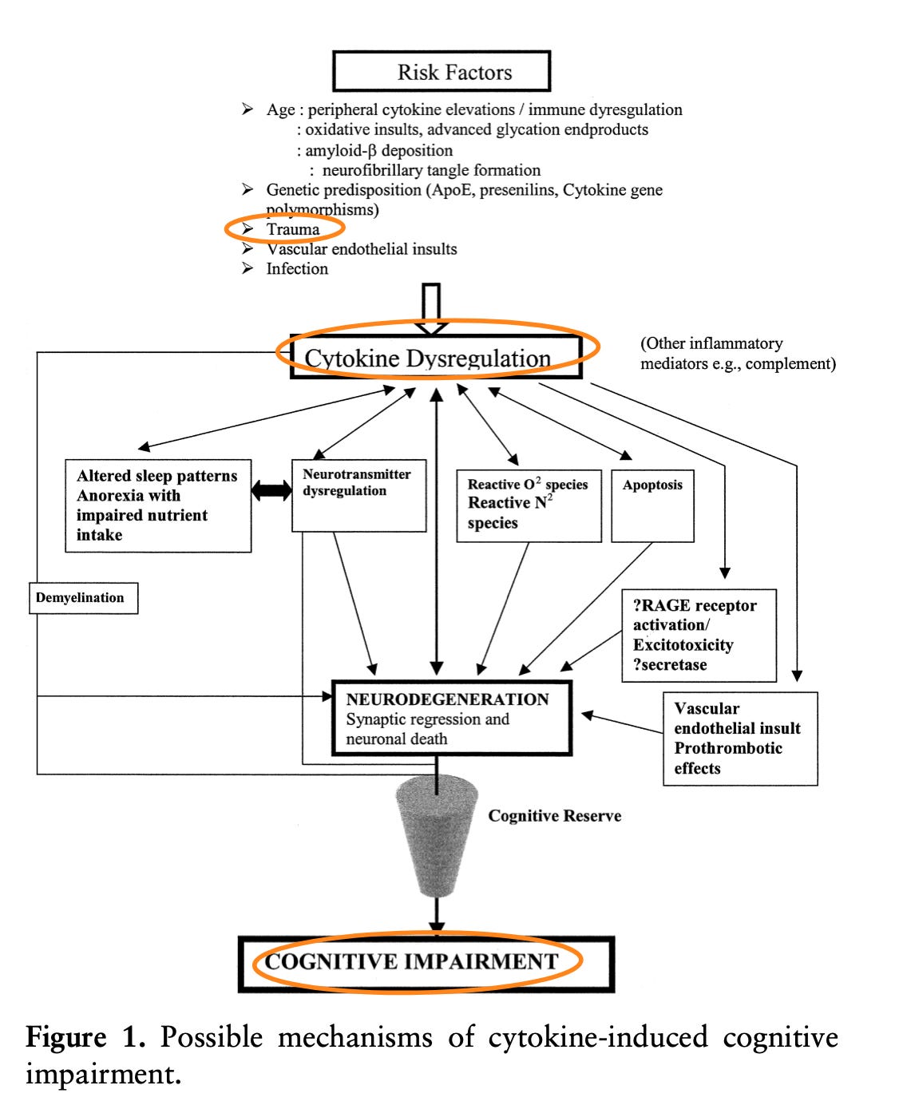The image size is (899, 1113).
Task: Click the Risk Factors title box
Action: [x=442, y=72]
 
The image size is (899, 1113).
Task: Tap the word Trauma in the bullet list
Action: [x=293, y=229]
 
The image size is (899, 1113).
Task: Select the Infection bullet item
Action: [x=297, y=269]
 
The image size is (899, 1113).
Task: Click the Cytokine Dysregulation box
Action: [x=435, y=357]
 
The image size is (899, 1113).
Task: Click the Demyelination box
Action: [x=83, y=598]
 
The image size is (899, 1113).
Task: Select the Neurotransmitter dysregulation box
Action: [x=358, y=495]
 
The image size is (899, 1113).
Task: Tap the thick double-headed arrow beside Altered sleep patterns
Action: [x=271, y=490]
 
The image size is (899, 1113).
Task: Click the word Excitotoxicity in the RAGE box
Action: [x=683, y=645]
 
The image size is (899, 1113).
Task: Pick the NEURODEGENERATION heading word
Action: [x=447, y=699]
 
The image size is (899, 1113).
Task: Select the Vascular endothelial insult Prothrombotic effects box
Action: [x=740, y=739]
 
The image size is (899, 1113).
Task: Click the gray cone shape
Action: [x=437, y=834]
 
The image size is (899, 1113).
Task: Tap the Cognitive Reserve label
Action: [x=555, y=816]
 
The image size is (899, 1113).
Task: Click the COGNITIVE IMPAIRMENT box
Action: [x=426, y=963]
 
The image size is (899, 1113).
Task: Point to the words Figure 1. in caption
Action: [x=85, y=1038]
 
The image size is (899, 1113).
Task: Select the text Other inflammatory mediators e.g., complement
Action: [x=737, y=354]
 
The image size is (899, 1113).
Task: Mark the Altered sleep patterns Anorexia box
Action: [x=158, y=505]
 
